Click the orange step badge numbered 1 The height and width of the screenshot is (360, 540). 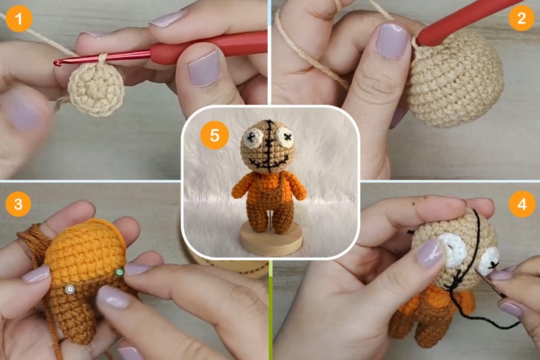(x=18, y=18)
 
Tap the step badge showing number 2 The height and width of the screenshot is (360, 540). (x=522, y=18)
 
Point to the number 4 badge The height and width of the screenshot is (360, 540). (x=522, y=203)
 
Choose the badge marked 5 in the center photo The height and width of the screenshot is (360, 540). (x=215, y=136)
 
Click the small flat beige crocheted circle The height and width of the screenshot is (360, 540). (x=95, y=88)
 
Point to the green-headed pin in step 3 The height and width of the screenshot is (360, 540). (x=119, y=273)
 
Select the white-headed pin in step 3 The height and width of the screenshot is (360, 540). (x=69, y=289)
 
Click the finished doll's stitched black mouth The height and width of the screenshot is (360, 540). (x=271, y=160)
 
